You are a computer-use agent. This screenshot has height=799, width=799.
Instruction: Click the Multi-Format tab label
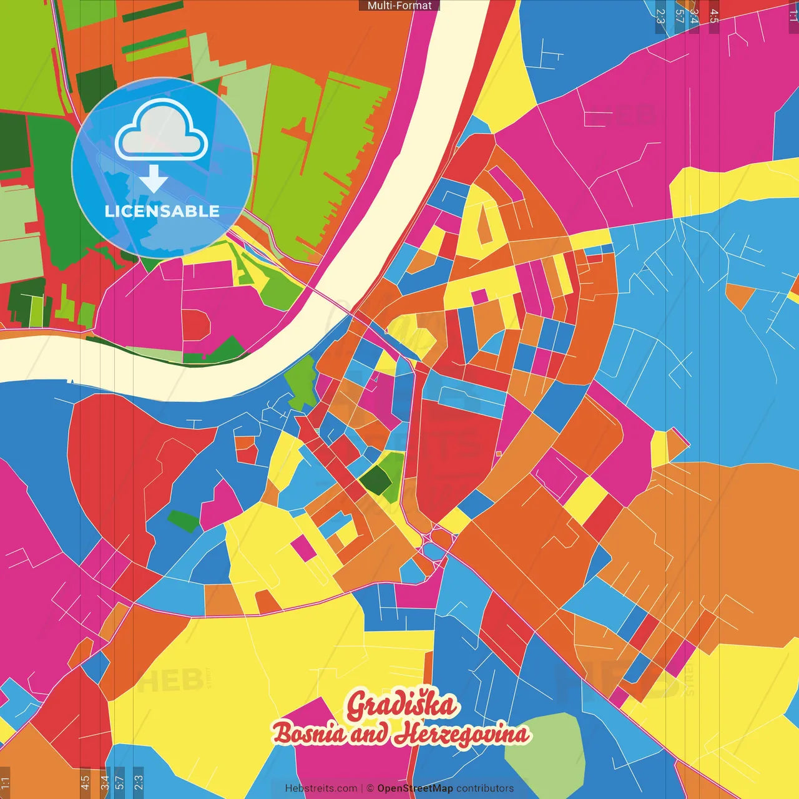coord(399,6)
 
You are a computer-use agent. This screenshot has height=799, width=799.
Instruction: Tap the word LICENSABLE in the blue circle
coord(162,211)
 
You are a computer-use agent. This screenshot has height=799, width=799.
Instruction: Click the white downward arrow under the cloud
coord(154,179)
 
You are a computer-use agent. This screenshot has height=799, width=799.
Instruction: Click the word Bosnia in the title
coord(310,733)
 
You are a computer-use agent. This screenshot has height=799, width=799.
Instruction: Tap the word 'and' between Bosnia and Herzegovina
coord(370,734)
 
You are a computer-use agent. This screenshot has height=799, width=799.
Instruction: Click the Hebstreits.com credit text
coord(321,788)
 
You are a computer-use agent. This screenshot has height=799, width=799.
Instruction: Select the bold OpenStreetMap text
coord(415,788)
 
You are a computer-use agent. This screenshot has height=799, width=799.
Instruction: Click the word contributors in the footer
coord(485,788)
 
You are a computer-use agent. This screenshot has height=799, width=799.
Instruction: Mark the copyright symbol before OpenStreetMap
coord(370,788)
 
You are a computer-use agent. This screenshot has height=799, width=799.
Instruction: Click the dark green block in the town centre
coord(375,480)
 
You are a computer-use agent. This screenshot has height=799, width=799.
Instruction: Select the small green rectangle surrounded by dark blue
coord(184,521)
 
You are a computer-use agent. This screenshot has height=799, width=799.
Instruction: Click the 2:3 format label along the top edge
coord(660,16)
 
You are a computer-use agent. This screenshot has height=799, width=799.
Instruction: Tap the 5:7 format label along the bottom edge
coord(120,782)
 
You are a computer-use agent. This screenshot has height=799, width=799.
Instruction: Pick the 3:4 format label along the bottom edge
coord(104,782)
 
